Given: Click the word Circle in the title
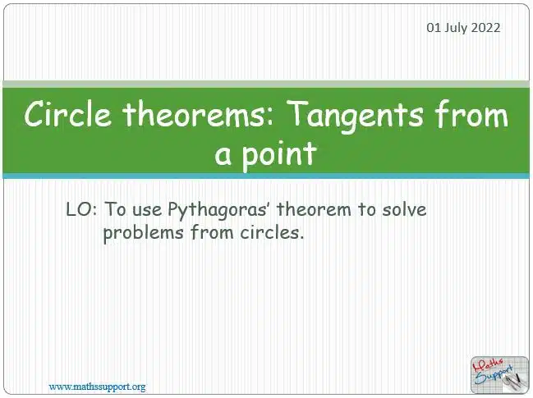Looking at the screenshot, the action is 67,113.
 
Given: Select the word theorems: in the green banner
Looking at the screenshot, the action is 198,113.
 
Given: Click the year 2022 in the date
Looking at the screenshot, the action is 485,28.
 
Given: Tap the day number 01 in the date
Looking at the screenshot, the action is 434,28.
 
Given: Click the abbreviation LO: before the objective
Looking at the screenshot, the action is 81,209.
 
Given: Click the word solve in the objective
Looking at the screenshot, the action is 404,209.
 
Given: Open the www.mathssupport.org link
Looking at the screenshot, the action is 97,387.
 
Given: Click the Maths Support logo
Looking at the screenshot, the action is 499,375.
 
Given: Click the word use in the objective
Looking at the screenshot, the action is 147,211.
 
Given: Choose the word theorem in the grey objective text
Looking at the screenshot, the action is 314,209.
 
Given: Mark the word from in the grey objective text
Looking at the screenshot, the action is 212,232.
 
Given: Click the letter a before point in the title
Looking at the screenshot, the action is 223,156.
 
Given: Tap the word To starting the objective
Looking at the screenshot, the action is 115,209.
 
